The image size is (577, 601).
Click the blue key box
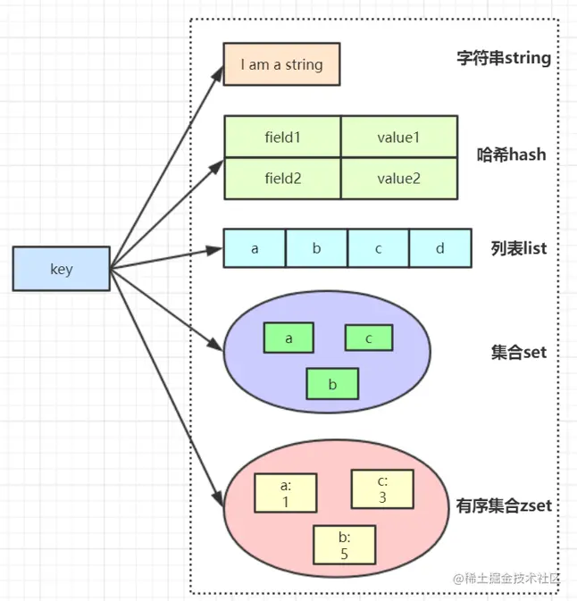coord(62,269)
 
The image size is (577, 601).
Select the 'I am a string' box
coord(281,65)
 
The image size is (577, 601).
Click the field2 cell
coord(282,179)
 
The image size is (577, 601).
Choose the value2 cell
coord(398,179)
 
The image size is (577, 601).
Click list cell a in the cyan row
coord(255,248)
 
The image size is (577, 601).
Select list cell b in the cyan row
coord(316,248)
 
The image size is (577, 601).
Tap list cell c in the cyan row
coord(378,248)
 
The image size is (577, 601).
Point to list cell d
coord(439,248)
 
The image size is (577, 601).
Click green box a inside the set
coord(288,338)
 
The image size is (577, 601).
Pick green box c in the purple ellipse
coord(369,338)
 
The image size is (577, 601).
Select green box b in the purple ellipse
coord(331,384)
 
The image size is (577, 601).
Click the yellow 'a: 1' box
coord(286,493)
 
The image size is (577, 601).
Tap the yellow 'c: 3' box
coord(381,489)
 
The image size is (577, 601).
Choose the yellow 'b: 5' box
coord(344,546)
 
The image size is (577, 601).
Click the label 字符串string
coord(503,60)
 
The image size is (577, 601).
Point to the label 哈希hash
coord(512,154)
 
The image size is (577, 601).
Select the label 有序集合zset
coord(504,506)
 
